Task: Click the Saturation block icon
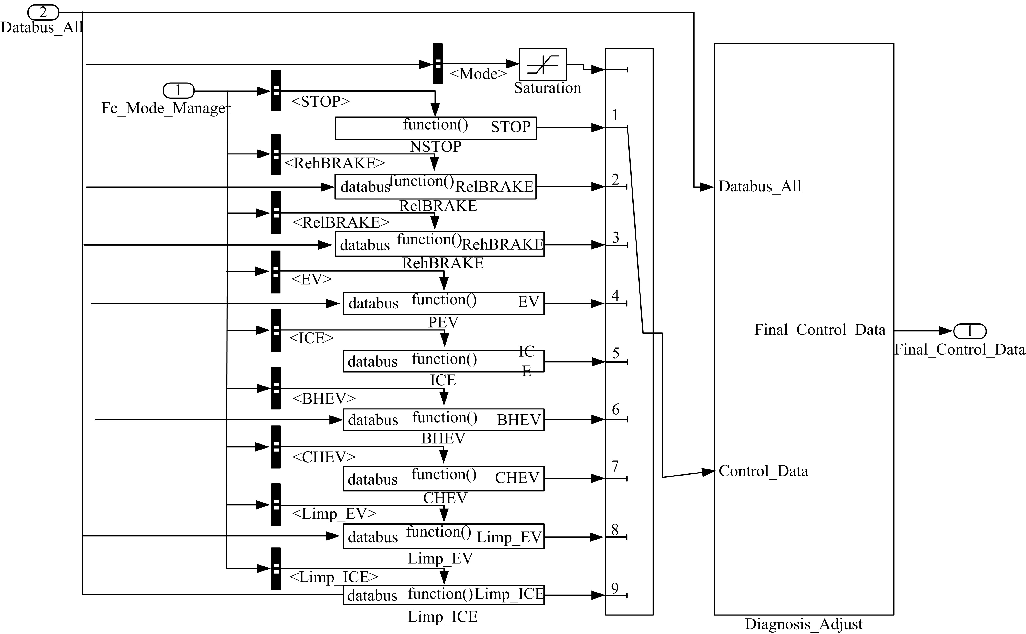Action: [542, 65]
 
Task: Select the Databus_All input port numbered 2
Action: [43, 13]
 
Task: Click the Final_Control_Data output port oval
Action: [969, 331]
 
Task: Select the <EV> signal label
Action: [311, 279]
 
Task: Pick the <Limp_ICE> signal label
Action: [333, 577]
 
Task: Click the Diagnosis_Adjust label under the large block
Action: [803, 624]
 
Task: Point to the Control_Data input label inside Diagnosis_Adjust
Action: [763, 471]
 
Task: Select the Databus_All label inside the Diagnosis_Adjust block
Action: [760, 186]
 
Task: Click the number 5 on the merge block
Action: [615, 353]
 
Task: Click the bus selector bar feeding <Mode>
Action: [438, 64]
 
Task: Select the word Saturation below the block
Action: [547, 88]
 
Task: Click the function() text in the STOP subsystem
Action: [435, 124]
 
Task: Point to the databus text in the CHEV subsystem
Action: [372, 479]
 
